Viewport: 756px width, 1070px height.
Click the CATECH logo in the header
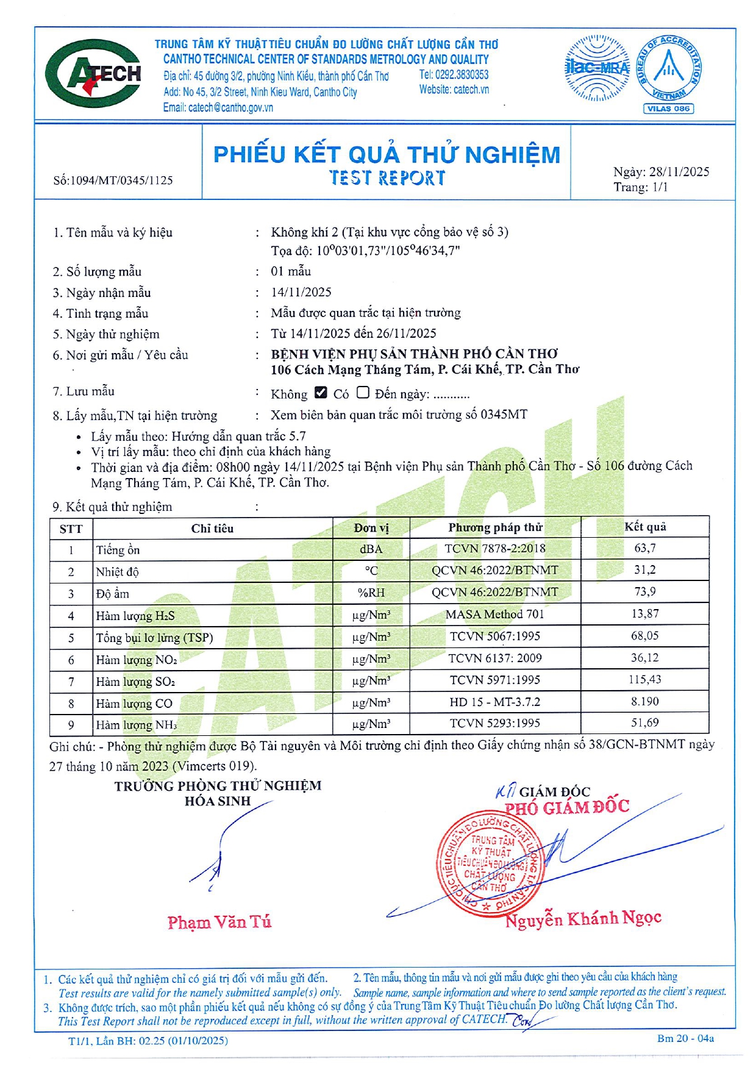93,74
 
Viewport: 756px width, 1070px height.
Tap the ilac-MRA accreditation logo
597,68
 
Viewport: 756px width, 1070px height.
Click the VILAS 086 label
668,109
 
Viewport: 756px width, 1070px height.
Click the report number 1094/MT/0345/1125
121,180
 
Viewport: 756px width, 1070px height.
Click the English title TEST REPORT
387,178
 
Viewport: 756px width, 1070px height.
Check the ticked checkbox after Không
321,393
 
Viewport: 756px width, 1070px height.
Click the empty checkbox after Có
363,393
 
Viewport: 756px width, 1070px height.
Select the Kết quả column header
644,527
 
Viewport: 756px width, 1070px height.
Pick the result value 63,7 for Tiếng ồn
644,548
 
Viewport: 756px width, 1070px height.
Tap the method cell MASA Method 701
494,615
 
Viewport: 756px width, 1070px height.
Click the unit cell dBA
371,549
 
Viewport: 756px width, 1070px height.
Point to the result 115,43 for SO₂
644,680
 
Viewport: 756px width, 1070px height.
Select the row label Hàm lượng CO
134,704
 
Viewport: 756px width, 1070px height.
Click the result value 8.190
644,702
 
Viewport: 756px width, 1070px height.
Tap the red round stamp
489,865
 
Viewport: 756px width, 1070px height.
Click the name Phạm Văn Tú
219,922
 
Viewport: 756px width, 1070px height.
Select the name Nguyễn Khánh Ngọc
583,919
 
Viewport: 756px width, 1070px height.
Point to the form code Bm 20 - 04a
685,1038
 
